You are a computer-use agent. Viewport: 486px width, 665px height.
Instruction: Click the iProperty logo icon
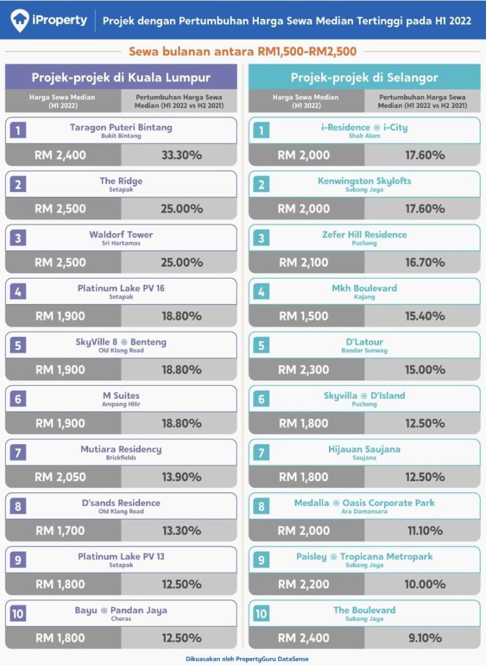19,20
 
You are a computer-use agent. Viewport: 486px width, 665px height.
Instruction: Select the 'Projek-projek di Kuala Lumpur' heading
121,78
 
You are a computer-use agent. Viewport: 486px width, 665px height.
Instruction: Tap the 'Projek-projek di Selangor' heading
365,78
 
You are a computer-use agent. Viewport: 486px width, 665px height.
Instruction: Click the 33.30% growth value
181,155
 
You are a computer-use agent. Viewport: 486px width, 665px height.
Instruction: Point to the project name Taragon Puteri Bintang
121,127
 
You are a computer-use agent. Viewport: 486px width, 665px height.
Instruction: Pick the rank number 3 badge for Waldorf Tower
18,238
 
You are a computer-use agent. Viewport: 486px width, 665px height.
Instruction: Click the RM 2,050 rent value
60,477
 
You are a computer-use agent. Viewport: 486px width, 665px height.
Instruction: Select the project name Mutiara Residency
121,449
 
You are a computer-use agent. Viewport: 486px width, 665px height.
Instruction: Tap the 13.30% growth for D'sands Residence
181,531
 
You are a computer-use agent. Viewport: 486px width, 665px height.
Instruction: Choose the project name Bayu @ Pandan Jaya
121,610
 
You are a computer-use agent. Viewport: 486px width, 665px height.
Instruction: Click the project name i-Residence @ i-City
365,127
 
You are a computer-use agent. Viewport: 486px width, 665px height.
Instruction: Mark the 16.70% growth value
425,262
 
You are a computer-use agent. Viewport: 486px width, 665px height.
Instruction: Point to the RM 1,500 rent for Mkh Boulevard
304,316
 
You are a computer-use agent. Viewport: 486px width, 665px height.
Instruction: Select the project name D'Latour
365,342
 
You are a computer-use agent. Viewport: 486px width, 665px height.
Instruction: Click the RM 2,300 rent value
304,370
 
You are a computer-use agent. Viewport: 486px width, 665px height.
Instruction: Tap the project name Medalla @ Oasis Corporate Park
365,503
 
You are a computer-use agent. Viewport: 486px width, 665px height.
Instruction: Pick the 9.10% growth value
425,638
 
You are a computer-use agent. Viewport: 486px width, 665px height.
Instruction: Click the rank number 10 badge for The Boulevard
261,614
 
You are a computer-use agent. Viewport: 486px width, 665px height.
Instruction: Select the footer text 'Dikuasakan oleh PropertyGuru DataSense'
247,659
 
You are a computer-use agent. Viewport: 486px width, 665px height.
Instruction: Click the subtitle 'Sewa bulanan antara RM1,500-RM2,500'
243,51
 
